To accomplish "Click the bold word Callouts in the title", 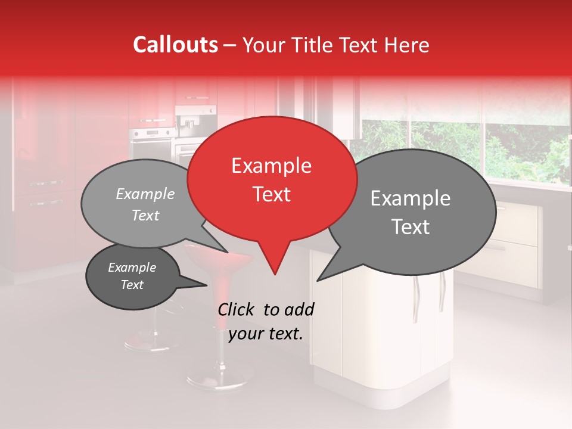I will (x=175, y=45).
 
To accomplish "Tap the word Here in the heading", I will (x=407, y=45).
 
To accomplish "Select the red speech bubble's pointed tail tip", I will (x=275, y=274).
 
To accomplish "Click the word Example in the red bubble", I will (x=271, y=166).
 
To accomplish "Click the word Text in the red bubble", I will (x=271, y=194).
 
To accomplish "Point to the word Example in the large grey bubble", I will (x=411, y=198).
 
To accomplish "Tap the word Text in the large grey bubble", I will (x=411, y=227).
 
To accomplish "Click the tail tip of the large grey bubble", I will (x=318, y=280).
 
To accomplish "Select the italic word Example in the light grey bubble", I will (x=145, y=194).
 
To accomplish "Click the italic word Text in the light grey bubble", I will (x=145, y=216).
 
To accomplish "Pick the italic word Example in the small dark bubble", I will (x=132, y=268).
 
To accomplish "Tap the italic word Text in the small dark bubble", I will (x=132, y=285).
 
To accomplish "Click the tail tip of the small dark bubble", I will (x=207, y=285).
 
